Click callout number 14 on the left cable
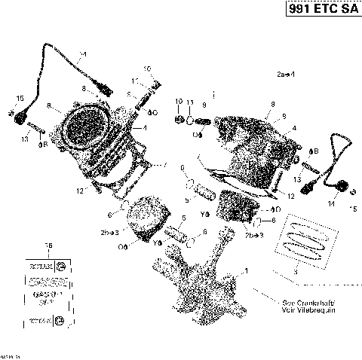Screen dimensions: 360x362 click(x=82, y=55)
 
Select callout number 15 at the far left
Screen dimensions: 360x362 click(x=20, y=99)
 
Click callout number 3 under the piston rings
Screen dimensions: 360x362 click(x=295, y=270)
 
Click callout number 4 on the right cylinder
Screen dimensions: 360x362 click(x=295, y=128)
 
